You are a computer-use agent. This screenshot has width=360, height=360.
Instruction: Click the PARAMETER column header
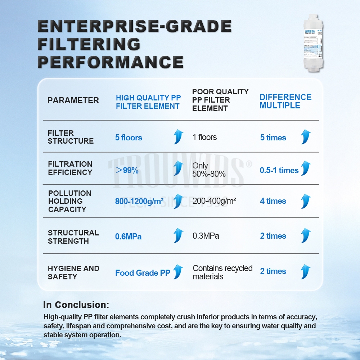(x=73, y=100)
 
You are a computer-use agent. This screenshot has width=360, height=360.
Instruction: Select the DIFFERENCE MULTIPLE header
(x=285, y=101)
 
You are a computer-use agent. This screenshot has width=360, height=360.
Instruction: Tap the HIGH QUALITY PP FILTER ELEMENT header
(x=148, y=102)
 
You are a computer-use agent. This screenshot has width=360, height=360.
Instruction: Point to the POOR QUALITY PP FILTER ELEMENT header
(x=220, y=100)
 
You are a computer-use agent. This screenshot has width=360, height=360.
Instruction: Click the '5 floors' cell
(x=129, y=138)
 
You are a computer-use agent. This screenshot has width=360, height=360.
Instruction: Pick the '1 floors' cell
(x=205, y=137)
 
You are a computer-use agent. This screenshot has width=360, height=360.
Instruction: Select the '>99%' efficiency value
(x=127, y=171)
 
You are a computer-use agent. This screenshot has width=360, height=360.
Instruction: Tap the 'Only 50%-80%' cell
(x=209, y=170)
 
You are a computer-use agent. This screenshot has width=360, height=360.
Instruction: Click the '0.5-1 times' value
(x=279, y=170)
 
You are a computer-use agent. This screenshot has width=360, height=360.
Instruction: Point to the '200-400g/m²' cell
(x=214, y=201)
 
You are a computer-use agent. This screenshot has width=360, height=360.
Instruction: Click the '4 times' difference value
(x=273, y=201)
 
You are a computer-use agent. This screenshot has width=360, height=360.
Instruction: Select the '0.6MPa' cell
(x=128, y=237)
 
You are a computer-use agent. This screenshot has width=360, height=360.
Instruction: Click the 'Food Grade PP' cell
(x=143, y=273)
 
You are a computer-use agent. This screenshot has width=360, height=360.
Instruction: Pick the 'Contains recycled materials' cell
(x=222, y=272)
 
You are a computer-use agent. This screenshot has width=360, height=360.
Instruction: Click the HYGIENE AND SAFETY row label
(x=73, y=273)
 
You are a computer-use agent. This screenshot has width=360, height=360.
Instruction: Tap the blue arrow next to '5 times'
(x=306, y=137)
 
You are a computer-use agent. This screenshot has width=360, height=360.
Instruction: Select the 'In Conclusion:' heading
(x=76, y=305)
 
